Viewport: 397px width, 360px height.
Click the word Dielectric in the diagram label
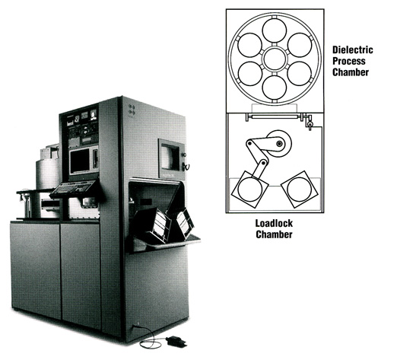tap(352, 49)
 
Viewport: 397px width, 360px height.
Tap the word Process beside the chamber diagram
tap(349, 61)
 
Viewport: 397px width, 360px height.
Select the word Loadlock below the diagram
tap(274, 223)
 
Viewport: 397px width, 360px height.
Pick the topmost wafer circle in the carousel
tap(275, 30)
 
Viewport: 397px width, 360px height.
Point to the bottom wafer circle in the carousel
tap(275, 87)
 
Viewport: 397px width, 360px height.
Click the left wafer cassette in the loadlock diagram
tap(249, 190)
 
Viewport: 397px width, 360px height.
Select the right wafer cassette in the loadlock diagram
tap(300, 190)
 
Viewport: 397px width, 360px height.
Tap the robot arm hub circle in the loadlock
tap(280, 144)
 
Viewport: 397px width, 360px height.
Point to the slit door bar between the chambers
tap(275, 116)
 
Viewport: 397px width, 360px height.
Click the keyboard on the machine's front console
tap(73, 189)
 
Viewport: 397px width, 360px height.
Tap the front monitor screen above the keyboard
tap(79, 161)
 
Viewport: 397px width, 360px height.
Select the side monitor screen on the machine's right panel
tap(170, 158)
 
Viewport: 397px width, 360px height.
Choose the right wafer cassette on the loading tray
tap(181, 223)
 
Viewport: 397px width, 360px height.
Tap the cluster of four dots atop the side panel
tap(132, 109)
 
